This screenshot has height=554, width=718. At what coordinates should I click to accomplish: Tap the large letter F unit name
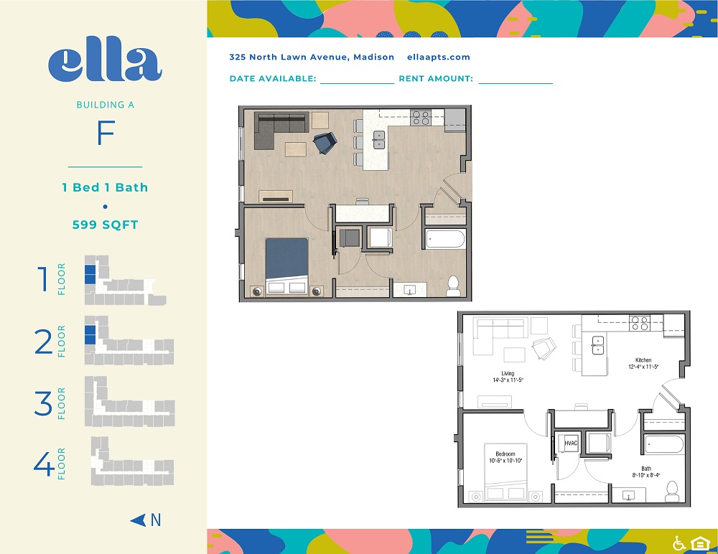coord(106,133)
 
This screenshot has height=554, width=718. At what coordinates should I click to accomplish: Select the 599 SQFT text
coord(106,225)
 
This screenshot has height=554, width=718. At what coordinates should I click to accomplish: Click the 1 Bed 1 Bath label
coord(106,187)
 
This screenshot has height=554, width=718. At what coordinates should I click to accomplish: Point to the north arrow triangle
coord(138,520)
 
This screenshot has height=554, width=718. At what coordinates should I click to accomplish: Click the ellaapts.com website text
coord(439,57)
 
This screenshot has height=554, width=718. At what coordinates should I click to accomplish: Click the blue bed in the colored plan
coord(286,266)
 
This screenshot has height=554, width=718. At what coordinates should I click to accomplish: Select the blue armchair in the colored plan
coord(325,142)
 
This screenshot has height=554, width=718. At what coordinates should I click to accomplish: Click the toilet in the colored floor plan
coord(453,286)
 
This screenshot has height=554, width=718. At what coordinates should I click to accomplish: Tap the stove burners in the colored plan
coord(420,118)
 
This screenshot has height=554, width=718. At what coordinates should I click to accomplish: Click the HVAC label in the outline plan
coord(571,443)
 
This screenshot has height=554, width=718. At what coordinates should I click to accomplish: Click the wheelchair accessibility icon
coord(679,543)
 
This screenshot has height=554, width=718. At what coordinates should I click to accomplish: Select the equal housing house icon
coord(700,543)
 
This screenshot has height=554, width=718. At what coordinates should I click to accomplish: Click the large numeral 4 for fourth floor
coord(44,464)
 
